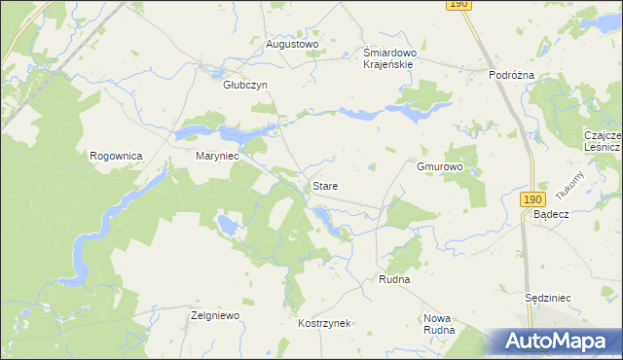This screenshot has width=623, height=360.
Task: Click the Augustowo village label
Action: [x=293, y=44]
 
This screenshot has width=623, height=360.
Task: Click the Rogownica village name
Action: [x=117, y=156]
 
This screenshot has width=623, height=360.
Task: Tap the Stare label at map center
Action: [x=325, y=184]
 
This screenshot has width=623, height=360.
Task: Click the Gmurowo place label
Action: [x=439, y=166]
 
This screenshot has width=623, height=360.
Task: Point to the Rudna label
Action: [x=394, y=279]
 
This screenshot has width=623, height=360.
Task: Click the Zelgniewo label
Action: [x=215, y=316]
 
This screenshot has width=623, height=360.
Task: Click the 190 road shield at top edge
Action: [x=459, y=5]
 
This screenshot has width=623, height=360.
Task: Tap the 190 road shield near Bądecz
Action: [x=531, y=198]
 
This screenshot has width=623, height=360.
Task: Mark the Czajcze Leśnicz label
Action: [x=603, y=141]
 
